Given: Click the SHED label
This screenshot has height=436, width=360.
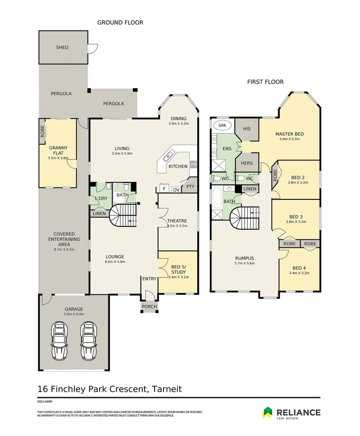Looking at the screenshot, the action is tap(62, 47).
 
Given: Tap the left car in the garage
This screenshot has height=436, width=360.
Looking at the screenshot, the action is tap(59, 341).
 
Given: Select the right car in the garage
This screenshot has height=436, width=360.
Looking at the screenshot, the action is tap(89, 341).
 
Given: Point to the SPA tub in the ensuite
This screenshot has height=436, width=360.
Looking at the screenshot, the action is tap(222, 126).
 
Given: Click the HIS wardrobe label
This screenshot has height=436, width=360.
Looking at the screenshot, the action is tap(247, 129).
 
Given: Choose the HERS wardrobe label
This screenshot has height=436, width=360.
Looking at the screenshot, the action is tap(247, 163).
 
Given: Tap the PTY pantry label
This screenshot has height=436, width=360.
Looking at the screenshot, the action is tap(190, 187).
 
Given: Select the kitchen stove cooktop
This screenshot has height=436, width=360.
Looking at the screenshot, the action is tap(193, 164).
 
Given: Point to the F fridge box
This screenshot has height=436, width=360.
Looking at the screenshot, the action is tap(164, 189).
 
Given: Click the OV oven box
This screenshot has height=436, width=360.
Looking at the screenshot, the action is tap(176, 190).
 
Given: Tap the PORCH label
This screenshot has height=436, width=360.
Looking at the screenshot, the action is tap(149, 306).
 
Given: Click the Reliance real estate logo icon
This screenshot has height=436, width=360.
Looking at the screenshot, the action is tap(268, 412).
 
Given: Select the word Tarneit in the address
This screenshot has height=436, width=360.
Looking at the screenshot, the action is tap(167, 389).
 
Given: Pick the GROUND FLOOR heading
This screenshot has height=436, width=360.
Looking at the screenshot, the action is tap(120, 23).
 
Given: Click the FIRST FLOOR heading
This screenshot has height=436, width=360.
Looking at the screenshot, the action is tap(266, 82).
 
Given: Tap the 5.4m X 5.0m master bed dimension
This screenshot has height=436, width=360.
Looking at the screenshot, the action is tap(290, 139).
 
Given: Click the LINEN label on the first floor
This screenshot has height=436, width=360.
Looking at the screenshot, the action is tap(250, 189).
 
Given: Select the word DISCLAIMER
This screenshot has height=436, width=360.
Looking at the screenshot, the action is tap(45, 402).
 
